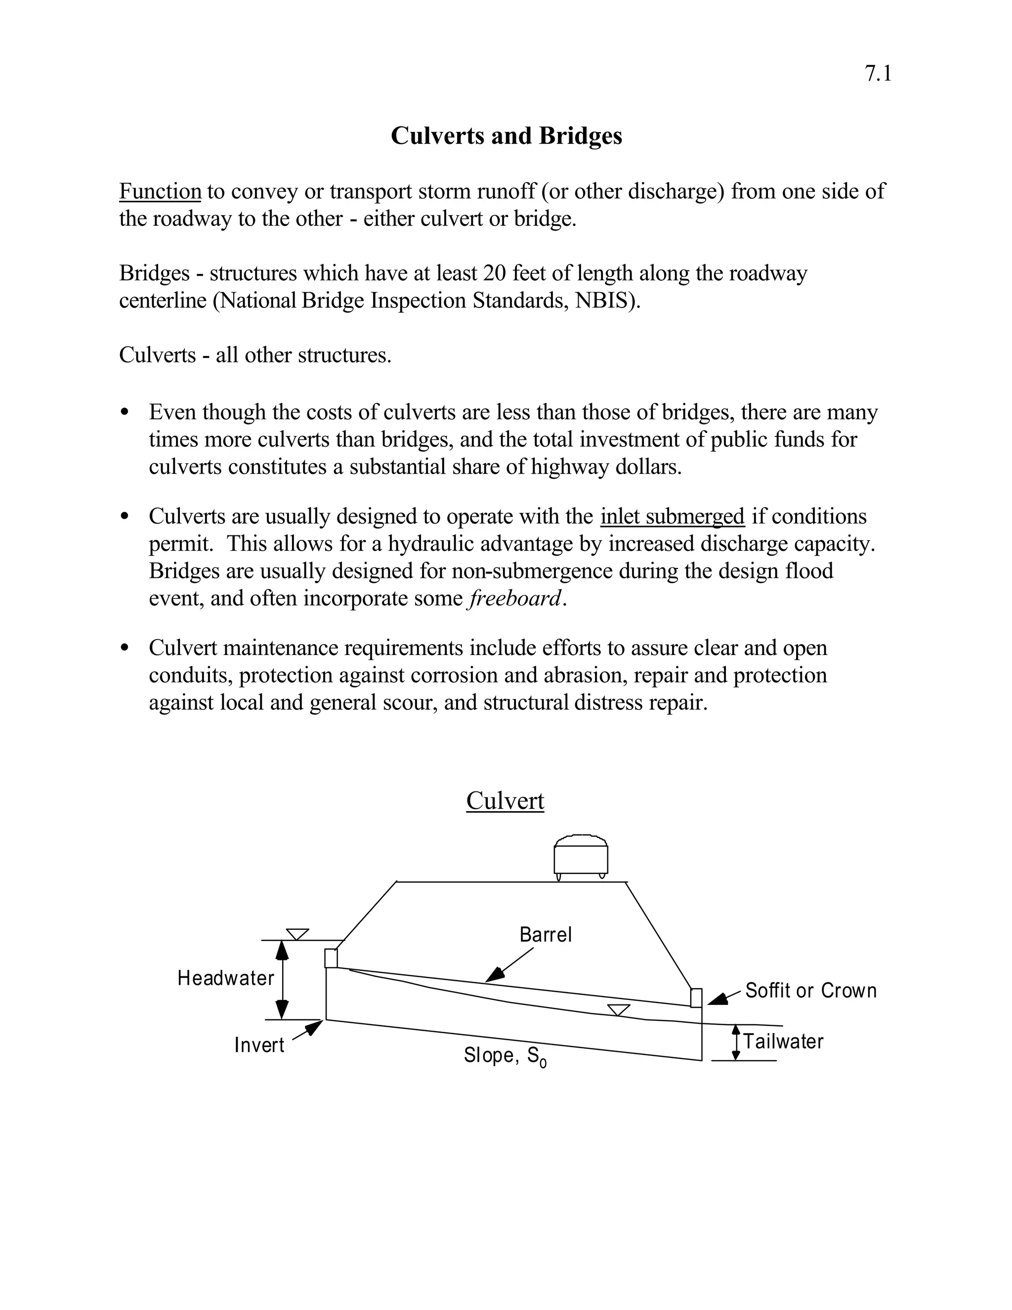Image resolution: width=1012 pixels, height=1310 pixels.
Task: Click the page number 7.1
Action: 878,74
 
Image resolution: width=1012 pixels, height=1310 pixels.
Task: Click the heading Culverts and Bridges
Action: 506,136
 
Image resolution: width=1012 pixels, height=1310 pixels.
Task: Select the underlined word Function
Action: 160,191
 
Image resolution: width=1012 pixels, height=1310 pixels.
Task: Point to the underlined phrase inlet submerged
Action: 672,517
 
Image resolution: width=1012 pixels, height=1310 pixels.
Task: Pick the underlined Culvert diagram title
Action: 505,801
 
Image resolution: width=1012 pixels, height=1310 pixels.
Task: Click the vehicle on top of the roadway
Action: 580,857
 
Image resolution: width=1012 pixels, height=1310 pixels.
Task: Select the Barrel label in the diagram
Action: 546,934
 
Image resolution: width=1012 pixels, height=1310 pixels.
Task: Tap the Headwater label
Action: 225,978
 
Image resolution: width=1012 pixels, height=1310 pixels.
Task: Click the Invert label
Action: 259,1046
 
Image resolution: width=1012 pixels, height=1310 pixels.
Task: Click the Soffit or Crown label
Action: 810,990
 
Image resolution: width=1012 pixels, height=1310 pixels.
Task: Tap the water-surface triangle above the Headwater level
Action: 297,934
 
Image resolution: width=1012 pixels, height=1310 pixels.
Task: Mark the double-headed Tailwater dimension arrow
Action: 736,1043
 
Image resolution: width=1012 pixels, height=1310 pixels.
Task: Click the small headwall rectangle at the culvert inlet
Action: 331,958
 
